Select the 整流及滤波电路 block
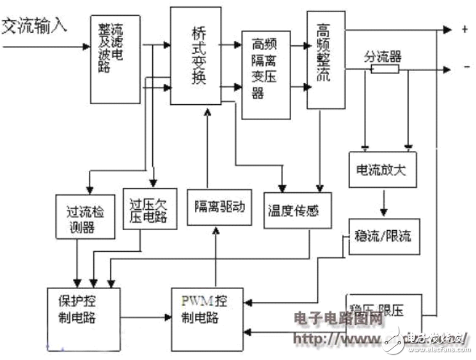click(x=115, y=59)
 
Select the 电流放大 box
click(x=382, y=171)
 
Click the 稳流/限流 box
click(x=383, y=236)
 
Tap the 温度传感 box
click(x=297, y=209)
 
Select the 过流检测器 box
click(x=84, y=216)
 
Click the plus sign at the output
click(x=463, y=29)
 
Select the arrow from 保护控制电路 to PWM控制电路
click(x=147, y=317)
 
